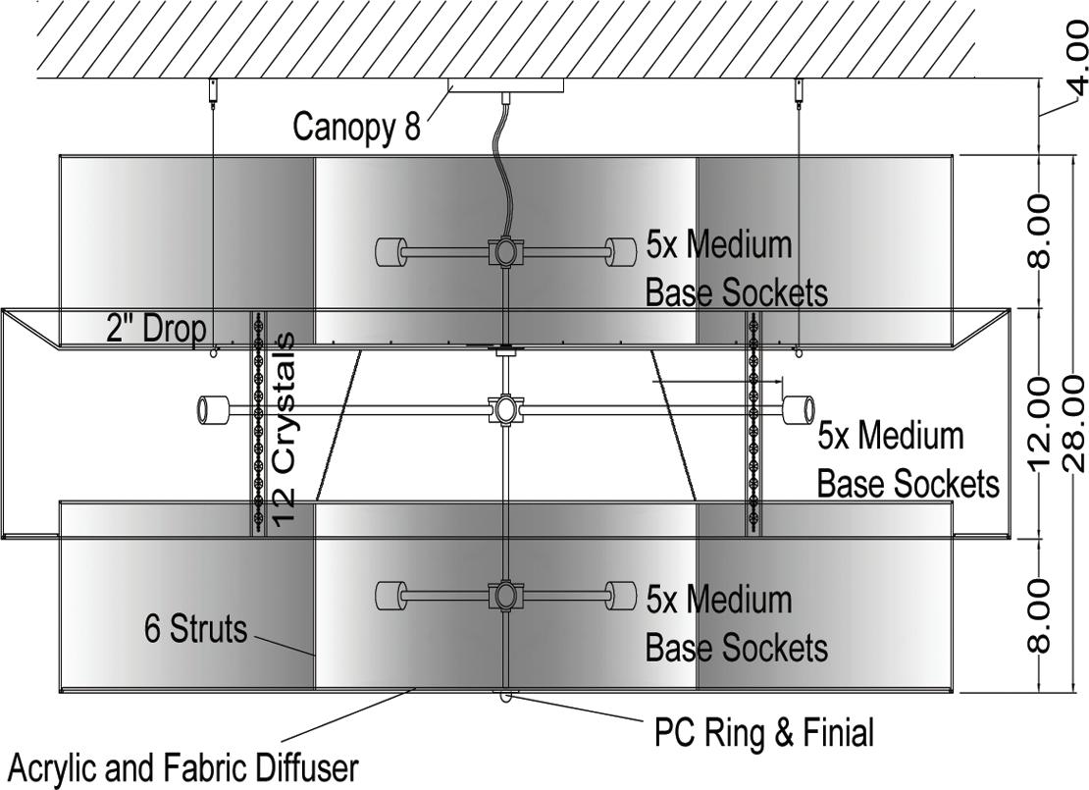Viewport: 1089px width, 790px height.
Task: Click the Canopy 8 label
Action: (356, 127)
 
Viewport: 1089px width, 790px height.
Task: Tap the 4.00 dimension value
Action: (1075, 68)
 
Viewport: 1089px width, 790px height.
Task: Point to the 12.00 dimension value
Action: (1042, 423)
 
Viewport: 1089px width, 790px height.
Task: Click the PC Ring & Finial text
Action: (763, 731)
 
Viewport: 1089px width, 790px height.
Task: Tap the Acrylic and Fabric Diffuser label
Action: (182, 766)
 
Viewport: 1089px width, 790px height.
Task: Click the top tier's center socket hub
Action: (504, 252)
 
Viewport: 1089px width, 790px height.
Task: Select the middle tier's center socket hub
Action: (504, 408)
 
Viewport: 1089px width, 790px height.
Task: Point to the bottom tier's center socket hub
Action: (504, 596)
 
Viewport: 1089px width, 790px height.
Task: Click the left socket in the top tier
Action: (391, 252)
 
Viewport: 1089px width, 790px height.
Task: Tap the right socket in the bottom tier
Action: (620, 596)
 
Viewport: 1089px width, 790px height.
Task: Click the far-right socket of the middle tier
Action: (800, 408)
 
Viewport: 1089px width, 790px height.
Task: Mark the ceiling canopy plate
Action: (505, 85)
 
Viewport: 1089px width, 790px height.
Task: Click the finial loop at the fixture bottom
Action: (505, 697)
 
